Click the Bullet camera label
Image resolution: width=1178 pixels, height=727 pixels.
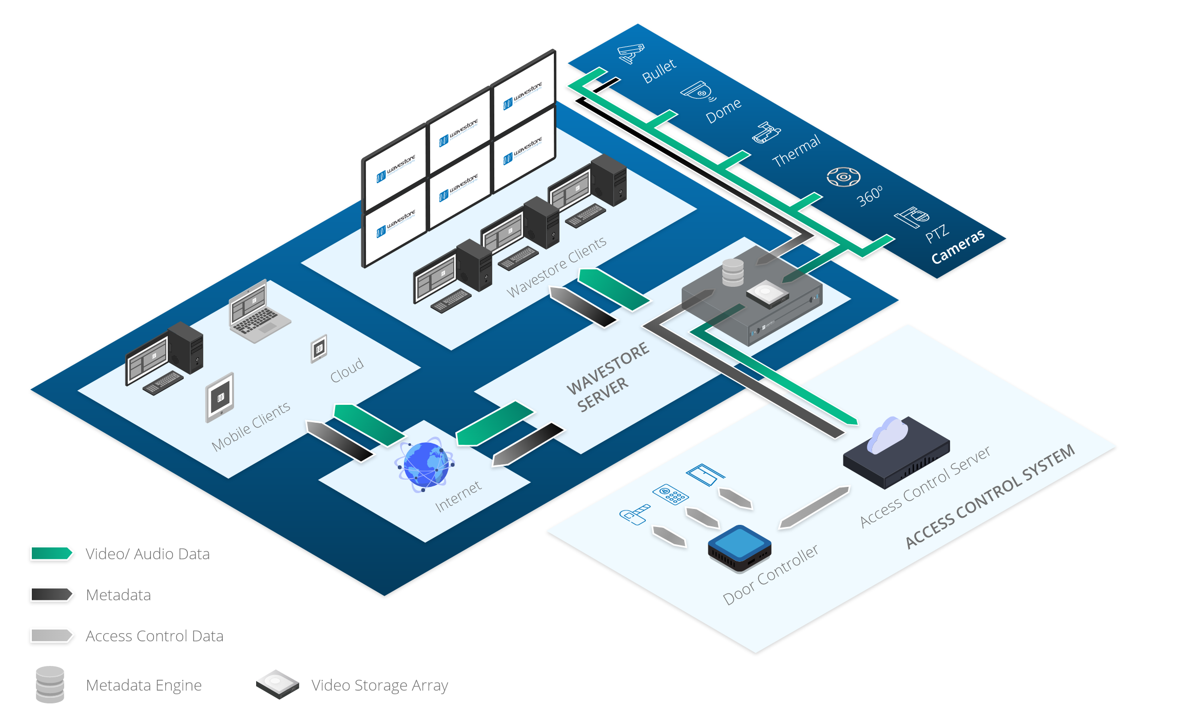tap(659, 71)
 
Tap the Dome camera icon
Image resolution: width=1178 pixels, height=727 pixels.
tap(698, 92)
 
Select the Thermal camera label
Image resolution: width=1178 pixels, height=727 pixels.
tap(796, 151)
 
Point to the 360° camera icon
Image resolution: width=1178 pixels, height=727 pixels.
tap(843, 177)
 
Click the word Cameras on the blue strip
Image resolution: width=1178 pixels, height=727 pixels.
tap(958, 247)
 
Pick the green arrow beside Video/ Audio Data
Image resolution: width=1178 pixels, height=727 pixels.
tap(51, 553)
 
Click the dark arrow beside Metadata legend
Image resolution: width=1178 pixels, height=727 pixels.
tap(51, 594)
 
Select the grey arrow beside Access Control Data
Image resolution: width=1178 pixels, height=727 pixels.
tap(51, 635)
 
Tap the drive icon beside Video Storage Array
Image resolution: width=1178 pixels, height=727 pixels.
tap(277, 684)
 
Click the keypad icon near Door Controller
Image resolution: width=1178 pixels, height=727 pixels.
tap(670, 494)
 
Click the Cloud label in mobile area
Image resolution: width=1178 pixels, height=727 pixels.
tap(346, 370)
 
